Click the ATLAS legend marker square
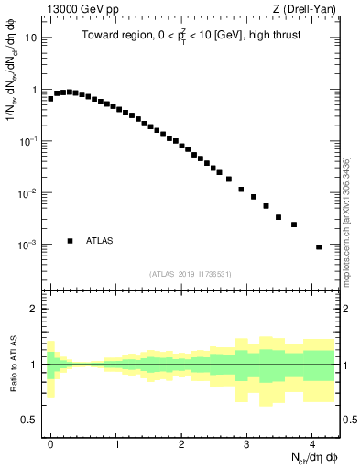[71, 241]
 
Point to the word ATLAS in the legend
[100, 241]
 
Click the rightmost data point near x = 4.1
[319, 247]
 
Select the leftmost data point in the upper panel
[50, 98]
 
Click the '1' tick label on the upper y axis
[35, 90]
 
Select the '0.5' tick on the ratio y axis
[30, 420]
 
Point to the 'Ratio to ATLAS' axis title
[12, 365]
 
